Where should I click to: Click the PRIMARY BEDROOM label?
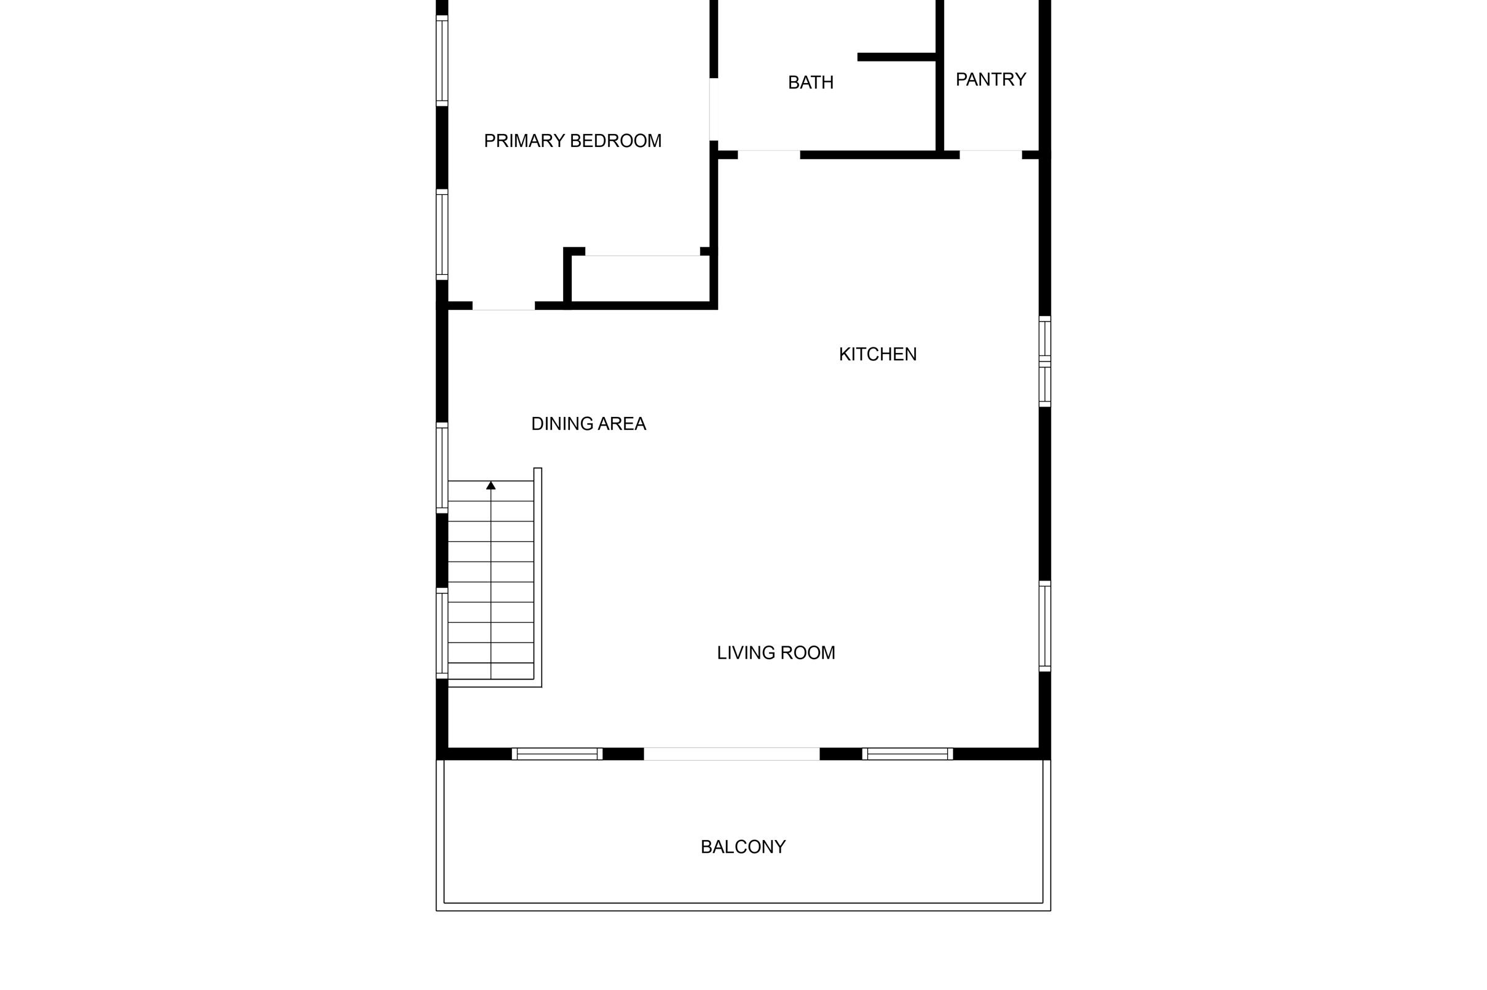click(572, 141)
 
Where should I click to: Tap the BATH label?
click(810, 83)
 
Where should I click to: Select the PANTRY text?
click(990, 79)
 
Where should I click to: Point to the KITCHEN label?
click(877, 355)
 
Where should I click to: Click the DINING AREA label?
click(588, 424)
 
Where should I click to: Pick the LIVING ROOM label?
click(776, 653)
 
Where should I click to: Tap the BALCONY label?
click(743, 847)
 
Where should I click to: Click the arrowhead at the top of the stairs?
click(491, 486)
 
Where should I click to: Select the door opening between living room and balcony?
click(732, 754)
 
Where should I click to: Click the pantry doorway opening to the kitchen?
click(990, 155)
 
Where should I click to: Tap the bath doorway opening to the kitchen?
click(769, 155)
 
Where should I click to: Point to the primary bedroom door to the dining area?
click(503, 306)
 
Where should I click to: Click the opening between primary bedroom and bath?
click(714, 109)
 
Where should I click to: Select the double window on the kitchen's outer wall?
click(1044, 361)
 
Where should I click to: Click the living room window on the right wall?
click(1044, 626)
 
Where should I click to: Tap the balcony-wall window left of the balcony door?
click(557, 754)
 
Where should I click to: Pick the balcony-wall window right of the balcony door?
click(907, 754)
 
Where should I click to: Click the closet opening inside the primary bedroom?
click(642, 252)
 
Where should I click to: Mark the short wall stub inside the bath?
click(896, 57)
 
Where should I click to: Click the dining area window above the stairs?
click(442, 468)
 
